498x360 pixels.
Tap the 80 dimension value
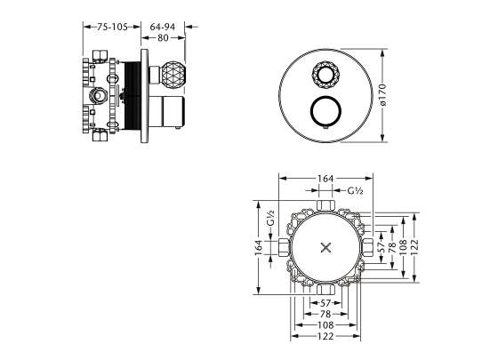point(163,38)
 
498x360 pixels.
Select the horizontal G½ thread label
point(356,190)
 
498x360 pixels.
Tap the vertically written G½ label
point(271,218)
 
